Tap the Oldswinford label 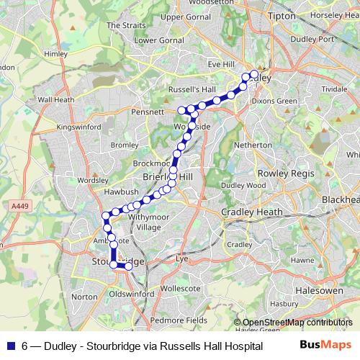point(132,294)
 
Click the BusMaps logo point(330,345)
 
